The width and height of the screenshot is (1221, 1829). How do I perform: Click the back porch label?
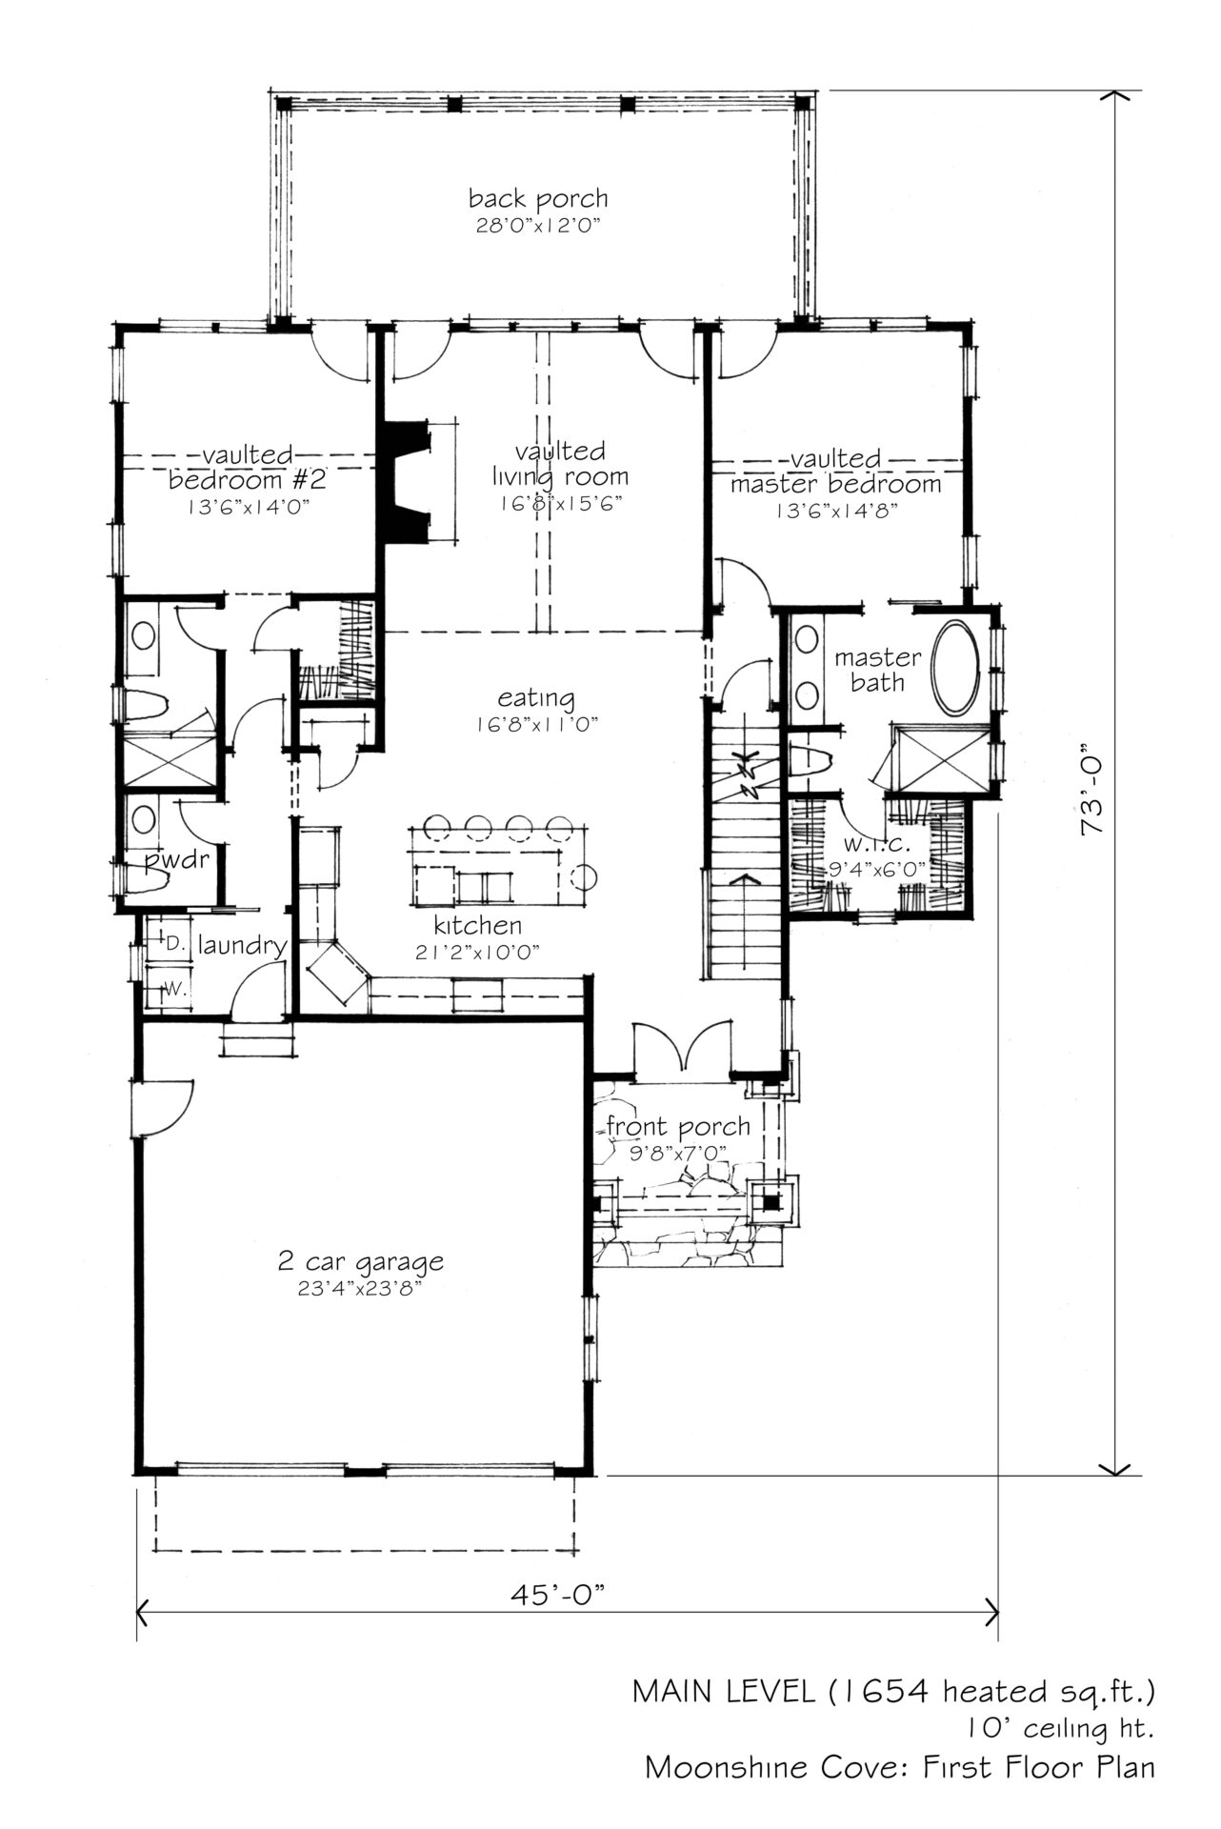coord(538,200)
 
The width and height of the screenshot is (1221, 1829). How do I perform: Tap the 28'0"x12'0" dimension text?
coord(538,227)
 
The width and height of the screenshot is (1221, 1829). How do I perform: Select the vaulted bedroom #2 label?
coord(248,467)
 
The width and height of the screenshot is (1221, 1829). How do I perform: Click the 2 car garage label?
coord(361,1263)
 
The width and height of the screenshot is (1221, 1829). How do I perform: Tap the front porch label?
coord(678,1128)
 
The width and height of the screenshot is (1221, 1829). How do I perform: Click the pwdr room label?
coord(176,863)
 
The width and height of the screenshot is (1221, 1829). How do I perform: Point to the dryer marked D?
coord(173,945)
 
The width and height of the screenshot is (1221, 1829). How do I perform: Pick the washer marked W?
coord(173,989)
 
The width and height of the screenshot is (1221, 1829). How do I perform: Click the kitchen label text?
coord(478,925)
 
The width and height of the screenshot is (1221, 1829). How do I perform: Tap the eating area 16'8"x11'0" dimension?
coord(537,725)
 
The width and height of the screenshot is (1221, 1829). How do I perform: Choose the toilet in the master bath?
coord(810,760)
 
